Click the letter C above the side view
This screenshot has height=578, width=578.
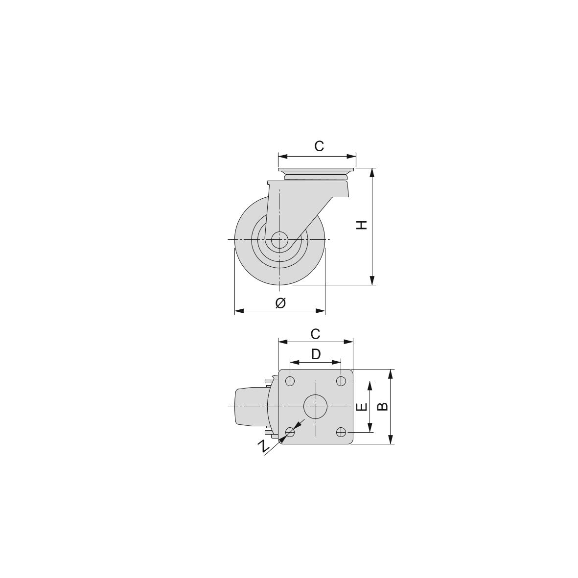(319, 146)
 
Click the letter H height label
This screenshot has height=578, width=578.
(362, 225)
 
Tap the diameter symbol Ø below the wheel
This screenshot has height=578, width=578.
(280, 303)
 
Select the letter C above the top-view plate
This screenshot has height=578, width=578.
(315, 334)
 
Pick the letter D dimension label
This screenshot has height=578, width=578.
(316, 354)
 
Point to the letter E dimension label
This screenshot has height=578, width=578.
(361, 407)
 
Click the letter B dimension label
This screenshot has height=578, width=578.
(383, 406)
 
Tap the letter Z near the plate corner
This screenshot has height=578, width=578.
(264, 445)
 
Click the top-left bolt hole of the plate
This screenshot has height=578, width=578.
(290, 381)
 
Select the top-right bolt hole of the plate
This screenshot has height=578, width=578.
(342, 381)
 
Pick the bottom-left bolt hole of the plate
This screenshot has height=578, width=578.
(290, 432)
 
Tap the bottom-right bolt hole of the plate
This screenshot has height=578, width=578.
(342, 432)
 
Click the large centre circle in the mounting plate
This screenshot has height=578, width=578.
(316, 406)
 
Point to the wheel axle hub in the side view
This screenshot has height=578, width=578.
(279, 240)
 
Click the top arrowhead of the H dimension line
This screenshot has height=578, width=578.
(372, 172)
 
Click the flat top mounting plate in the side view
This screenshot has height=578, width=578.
(316, 170)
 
